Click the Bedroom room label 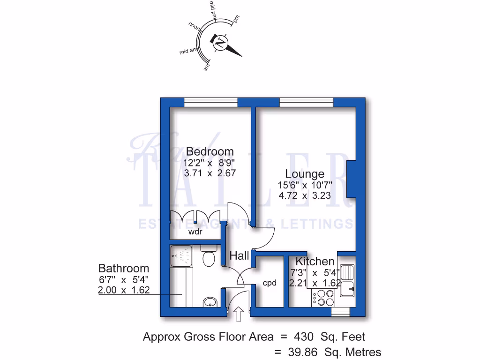210,151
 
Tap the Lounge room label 305,174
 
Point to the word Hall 239,256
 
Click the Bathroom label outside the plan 123,269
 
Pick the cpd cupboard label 269,283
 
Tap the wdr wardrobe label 195,232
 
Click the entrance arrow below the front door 238,315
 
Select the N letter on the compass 219,43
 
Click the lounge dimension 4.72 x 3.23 305,195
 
